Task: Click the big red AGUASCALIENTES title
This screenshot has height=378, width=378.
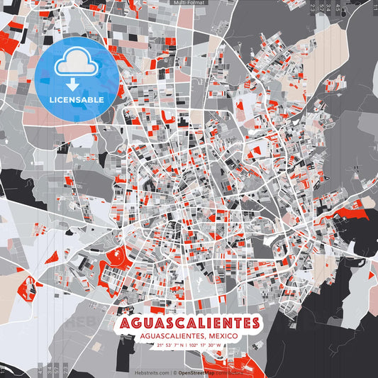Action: click(189, 323)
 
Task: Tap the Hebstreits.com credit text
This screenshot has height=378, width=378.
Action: click(151, 372)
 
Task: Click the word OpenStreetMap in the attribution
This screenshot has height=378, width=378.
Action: click(196, 372)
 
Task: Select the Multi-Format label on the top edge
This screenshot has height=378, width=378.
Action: click(189, 3)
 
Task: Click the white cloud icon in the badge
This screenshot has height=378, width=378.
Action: click(76, 62)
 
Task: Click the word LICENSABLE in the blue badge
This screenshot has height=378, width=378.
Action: click(76, 100)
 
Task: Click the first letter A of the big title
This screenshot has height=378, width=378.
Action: click(126, 323)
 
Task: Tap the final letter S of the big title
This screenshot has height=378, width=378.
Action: click(252, 323)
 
